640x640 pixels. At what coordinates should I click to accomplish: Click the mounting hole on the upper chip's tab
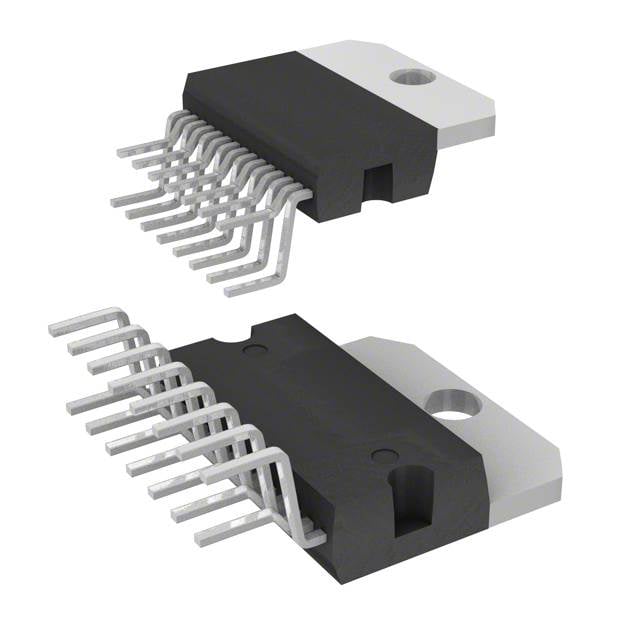coord(409,76)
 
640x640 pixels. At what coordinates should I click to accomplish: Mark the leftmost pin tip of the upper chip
coord(116,200)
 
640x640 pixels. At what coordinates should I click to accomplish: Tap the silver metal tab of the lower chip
coord(500,440)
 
